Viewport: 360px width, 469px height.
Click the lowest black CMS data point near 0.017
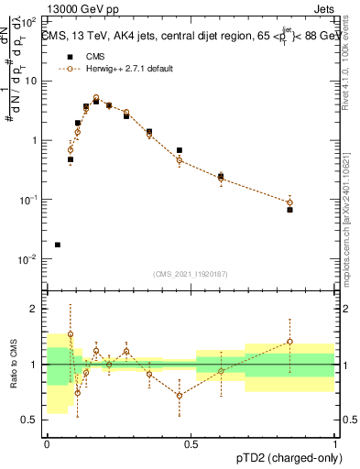tap(58, 245)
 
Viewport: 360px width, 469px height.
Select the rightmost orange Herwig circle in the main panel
tap(289, 202)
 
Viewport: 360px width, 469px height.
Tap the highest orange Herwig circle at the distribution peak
tap(96, 98)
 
